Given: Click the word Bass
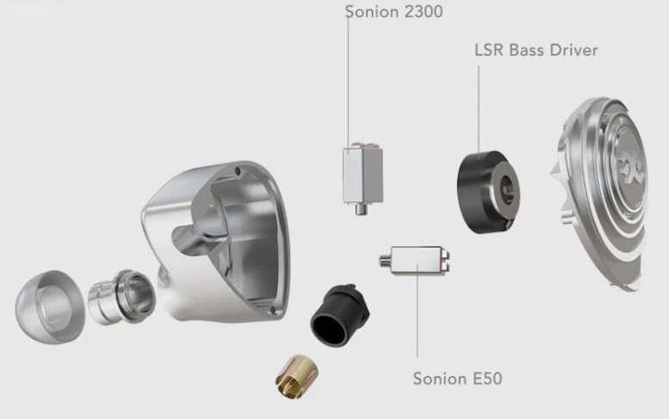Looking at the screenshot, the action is point(526,50).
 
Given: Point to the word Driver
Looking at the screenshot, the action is point(573,50).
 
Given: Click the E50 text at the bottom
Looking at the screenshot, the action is point(487,378).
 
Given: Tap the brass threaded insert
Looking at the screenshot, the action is point(296,377).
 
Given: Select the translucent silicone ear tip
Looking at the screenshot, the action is point(49,305).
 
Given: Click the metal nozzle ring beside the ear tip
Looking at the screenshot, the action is point(121,297).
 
